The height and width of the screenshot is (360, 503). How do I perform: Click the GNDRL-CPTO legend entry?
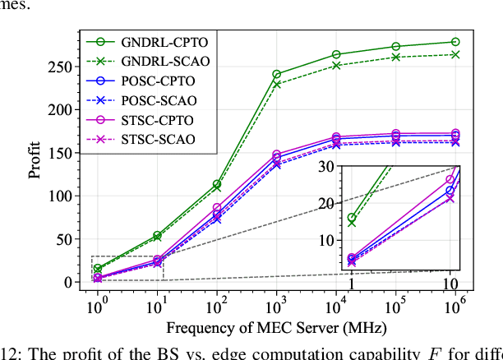[x=157, y=39]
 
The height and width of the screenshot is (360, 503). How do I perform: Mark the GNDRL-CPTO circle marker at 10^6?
[x=455, y=42]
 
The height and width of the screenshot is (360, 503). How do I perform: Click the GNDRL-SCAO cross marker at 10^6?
[x=455, y=54]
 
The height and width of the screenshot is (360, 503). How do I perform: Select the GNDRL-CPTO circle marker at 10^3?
[x=276, y=74]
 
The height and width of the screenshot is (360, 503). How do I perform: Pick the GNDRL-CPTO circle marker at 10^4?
[x=336, y=54]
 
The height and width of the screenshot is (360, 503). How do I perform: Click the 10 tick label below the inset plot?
[x=450, y=283]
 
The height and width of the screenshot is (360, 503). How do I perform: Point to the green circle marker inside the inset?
[x=352, y=218]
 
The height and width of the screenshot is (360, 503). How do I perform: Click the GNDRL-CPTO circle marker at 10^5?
[x=395, y=47]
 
